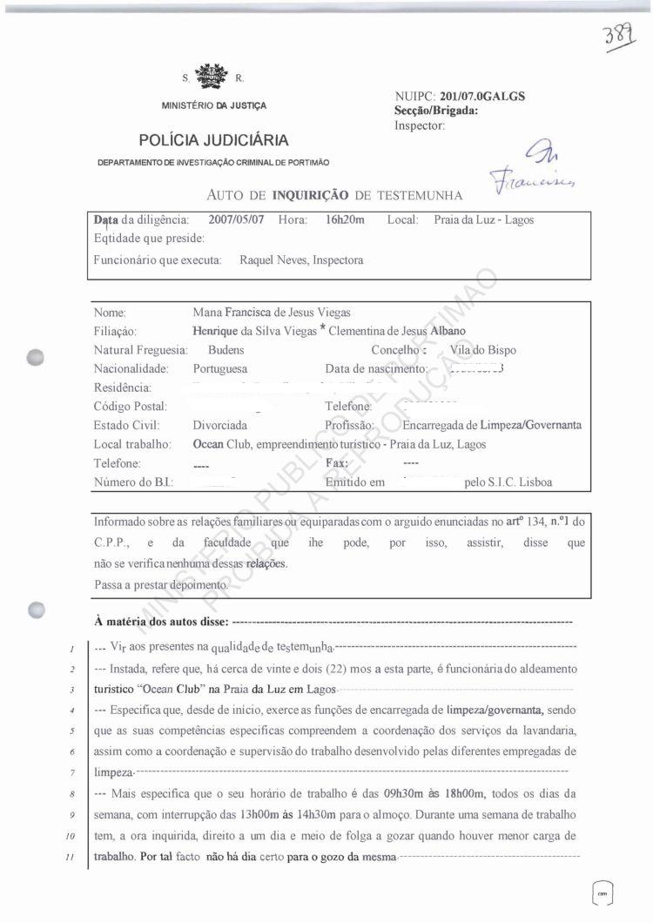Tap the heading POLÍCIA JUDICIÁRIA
[214, 141]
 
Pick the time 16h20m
[345, 220]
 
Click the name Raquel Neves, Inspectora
[301, 259]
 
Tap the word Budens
[210, 350]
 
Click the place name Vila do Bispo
[483, 350]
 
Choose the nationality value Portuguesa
[220, 368]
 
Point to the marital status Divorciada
[219, 426]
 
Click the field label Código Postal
[130, 407]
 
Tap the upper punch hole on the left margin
[36, 358]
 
